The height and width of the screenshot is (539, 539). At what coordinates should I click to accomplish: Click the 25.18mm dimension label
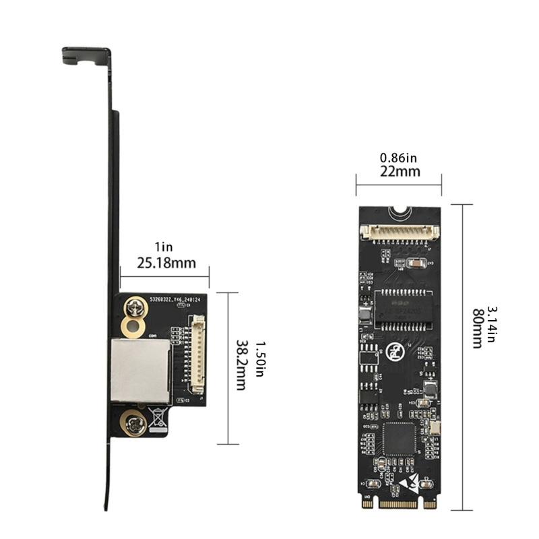166,262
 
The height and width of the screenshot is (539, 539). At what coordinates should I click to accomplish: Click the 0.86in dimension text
398,158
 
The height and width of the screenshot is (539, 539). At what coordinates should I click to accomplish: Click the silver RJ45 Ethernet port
139,371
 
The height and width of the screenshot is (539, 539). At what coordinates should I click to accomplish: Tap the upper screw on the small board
135,309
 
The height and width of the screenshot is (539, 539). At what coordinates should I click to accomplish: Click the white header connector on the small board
197,354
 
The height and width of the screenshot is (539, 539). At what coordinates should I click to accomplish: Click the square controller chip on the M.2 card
399,439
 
